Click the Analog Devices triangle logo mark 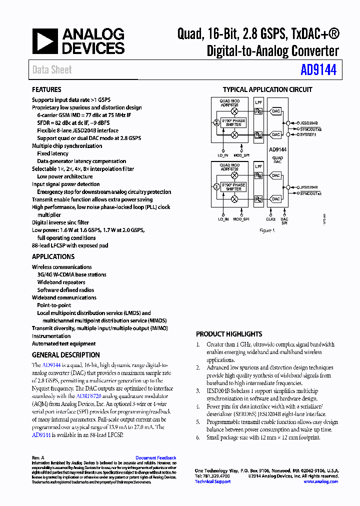(45, 41)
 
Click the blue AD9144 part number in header (318, 70)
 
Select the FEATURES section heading (46, 89)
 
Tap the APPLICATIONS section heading (53, 256)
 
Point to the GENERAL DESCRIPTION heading (65, 355)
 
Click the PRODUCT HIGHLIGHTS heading (229, 334)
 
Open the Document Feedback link (155, 458)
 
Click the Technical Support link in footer (212, 481)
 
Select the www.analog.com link (320, 481)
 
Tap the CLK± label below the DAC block (270, 218)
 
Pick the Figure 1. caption (267, 230)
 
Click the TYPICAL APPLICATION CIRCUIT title (267, 90)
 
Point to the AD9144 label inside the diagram (277, 149)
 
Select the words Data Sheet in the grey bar (52, 70)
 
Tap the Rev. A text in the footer (38, 458)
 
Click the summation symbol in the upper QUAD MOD (216, 122)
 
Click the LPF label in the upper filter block (258, 101)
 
